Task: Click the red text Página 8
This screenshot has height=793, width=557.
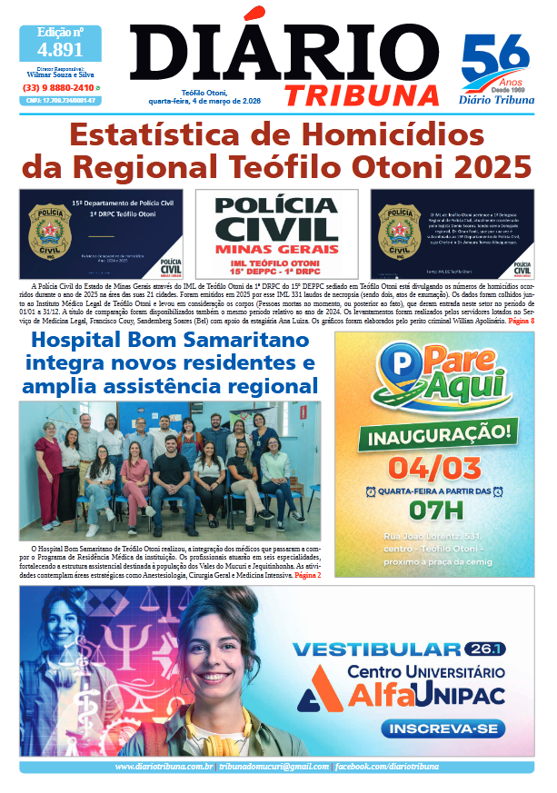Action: click(x=521, y=322)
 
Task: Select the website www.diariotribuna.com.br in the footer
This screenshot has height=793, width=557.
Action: click(x=164, y=768)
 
